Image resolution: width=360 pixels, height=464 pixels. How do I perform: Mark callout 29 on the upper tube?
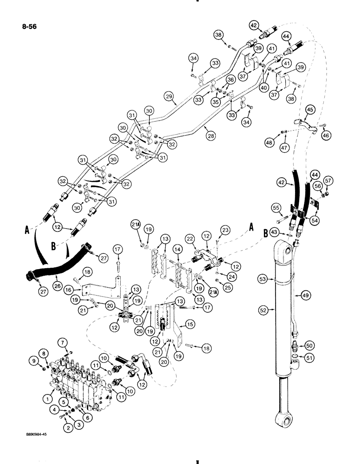coord(168,96)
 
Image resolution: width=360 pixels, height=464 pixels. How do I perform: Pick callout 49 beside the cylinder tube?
coord(306,295)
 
